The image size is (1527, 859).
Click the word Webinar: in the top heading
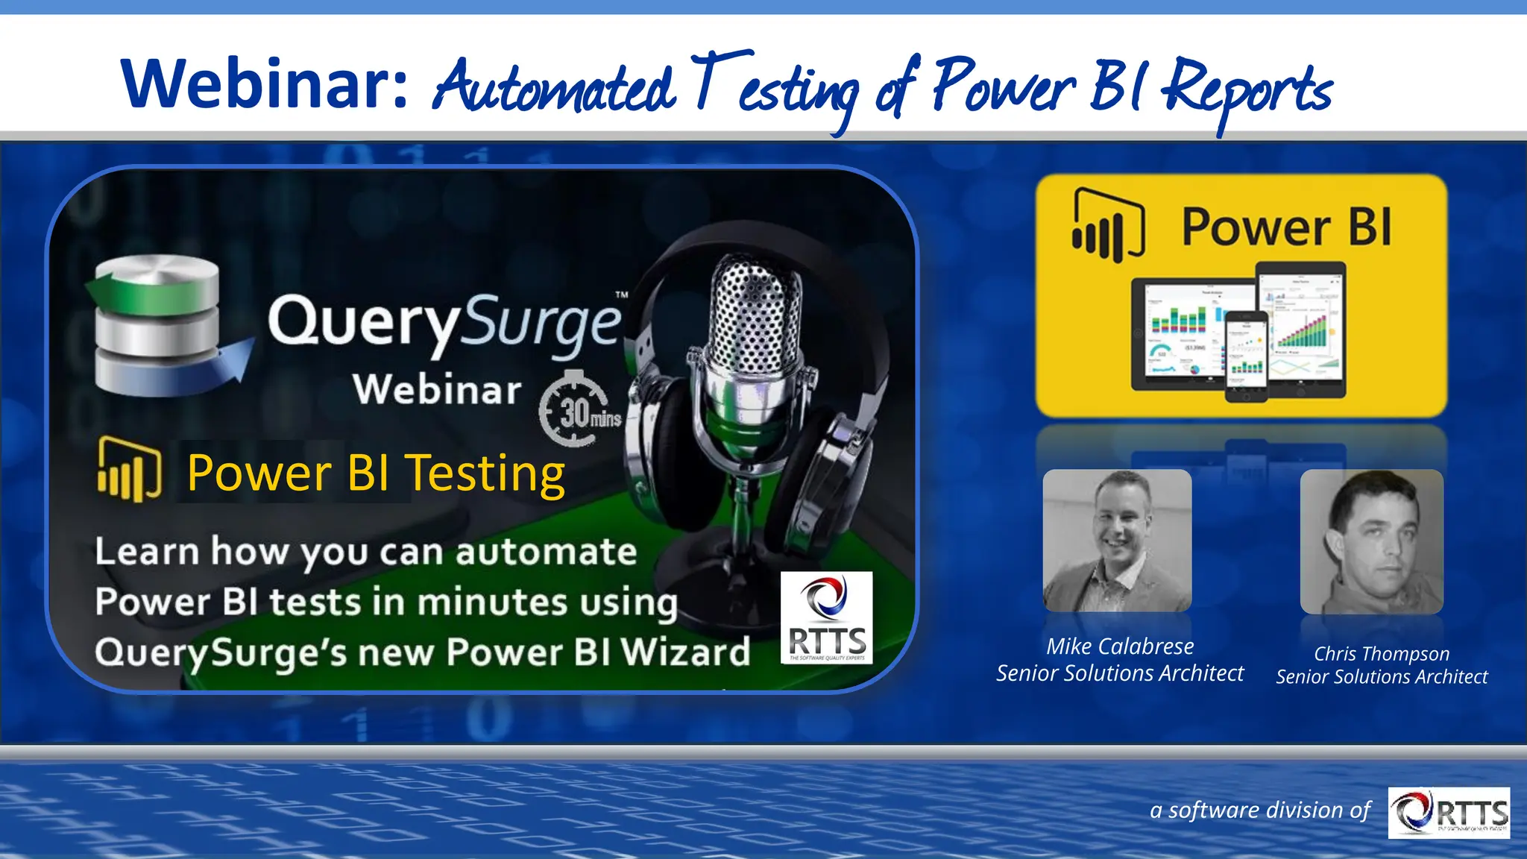pos(265,84)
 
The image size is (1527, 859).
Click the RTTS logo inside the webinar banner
pos(826,617)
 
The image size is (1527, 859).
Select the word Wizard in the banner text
pos(685,652)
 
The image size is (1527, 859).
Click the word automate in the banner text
pos(546,553)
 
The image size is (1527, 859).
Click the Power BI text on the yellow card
pos(1286,227)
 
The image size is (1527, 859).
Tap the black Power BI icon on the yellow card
pos(1107,225)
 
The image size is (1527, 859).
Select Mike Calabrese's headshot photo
pos(1117,541)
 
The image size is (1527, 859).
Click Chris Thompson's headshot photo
pos(1371,542)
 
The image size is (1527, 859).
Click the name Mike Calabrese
pos(1119,646)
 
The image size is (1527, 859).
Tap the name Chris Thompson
pos(1381,654)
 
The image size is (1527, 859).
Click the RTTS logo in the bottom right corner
pos(1448,812)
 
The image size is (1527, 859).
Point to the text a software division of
pos(1259,810)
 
